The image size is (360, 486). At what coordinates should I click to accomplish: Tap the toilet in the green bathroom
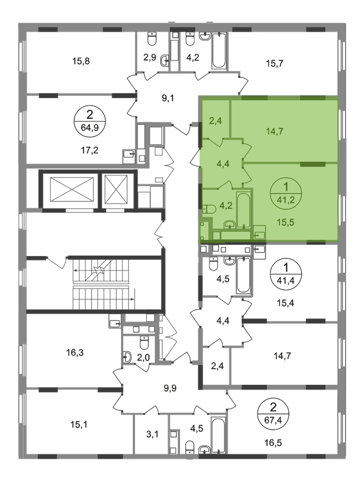(x=211, y=208)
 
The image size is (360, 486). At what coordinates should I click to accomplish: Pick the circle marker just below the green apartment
(x=281, y=271)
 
